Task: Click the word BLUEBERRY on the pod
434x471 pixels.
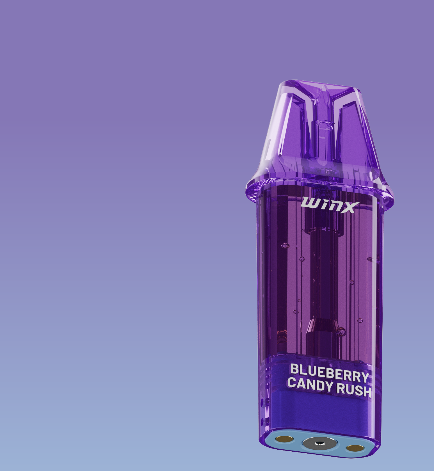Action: [x=330, y=372]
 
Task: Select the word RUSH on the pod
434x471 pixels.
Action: [x=354, y=390]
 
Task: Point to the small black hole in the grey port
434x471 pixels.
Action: [x=319, y=443]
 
